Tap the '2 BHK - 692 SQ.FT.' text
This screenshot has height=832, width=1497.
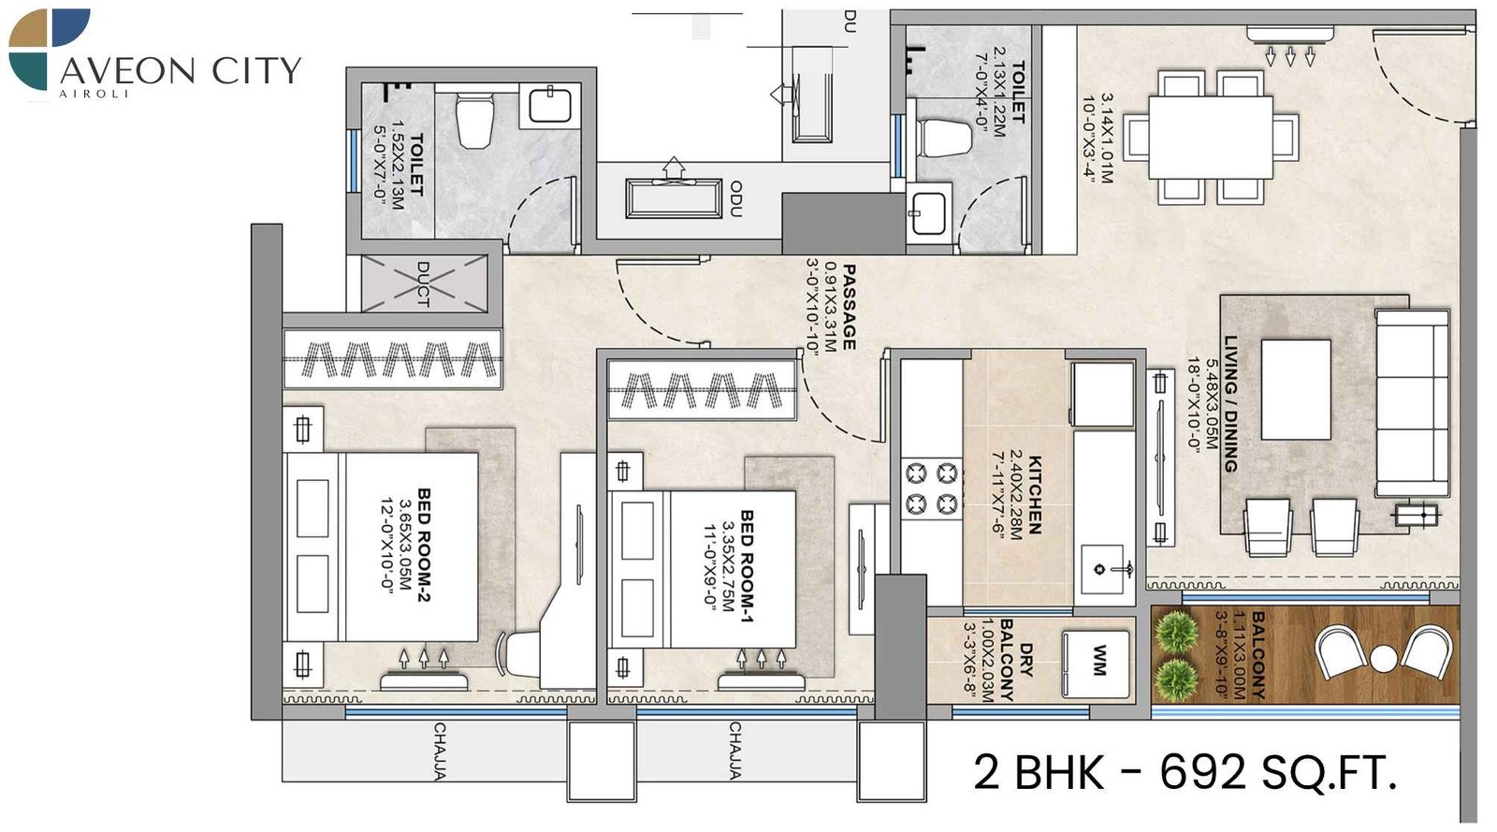pos(1185,773)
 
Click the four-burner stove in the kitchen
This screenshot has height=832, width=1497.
pos(932,488)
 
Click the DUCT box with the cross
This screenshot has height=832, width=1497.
pos(424,283)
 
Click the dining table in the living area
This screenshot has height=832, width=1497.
pos(1211,137)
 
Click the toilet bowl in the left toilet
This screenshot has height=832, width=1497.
pos(475,122)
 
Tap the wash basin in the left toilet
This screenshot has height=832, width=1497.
pos(549,105)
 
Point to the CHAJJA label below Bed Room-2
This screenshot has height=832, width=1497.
pos(439,751)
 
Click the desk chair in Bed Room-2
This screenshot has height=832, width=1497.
pos(520,651)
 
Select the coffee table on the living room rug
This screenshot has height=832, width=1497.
pos(1296,389)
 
